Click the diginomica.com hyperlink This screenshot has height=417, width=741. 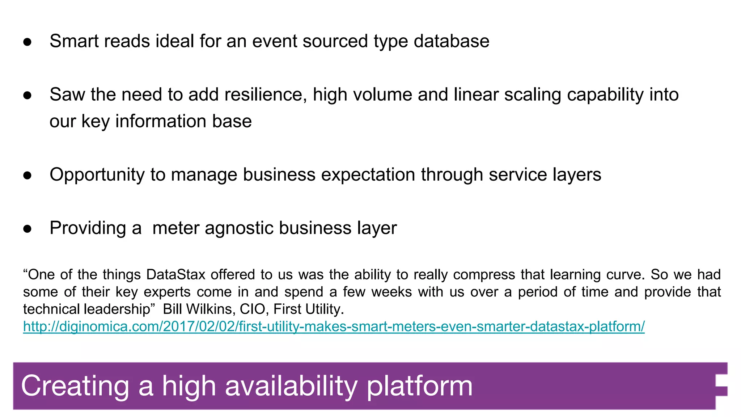coord(334,327)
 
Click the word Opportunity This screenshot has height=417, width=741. coord(97,175)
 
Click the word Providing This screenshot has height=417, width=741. coord(88,228)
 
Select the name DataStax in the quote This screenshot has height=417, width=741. coord(175,275)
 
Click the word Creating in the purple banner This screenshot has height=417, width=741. coord(75,386)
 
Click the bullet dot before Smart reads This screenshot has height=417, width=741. coord(27,42)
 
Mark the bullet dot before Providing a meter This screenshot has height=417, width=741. coord(27,229)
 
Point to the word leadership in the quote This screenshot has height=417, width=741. coord(117,309)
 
